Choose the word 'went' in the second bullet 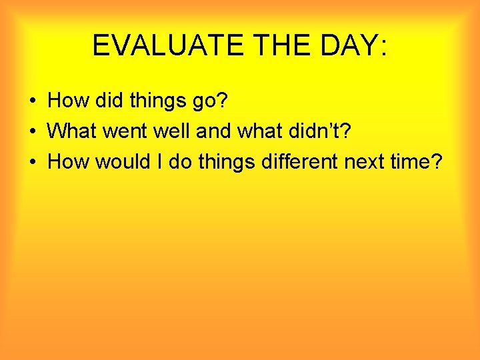pos(126,131)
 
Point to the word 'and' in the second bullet pos(213,131)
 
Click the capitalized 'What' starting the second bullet pos(72,131)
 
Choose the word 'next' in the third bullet pos(365,161)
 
